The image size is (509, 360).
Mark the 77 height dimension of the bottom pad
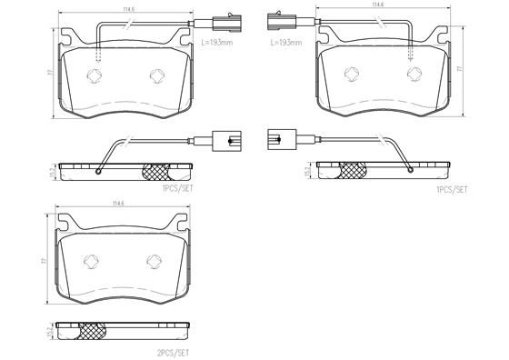click(x=43, y=260)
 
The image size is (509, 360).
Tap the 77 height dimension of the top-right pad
click(x=460, y=68)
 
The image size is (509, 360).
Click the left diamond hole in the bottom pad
click(x=91, y=262)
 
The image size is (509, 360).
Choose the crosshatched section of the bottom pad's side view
click(x=92, y=331)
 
